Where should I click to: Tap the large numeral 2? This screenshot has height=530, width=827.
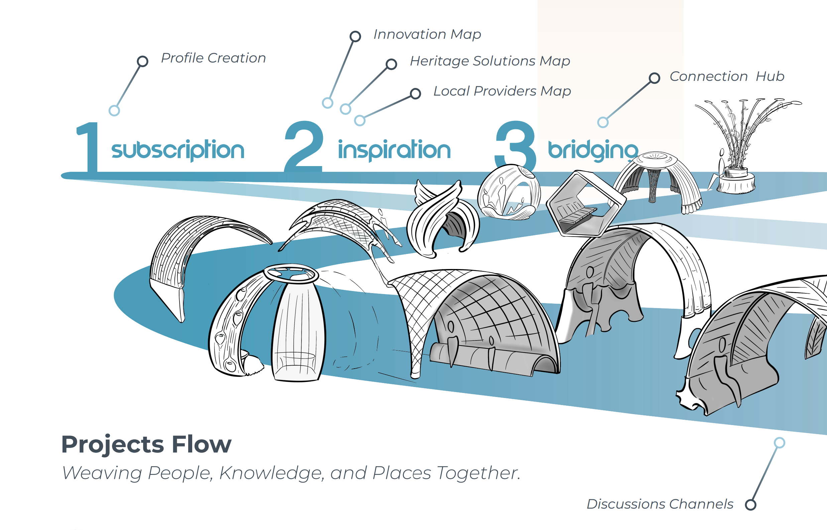tap(304, 146)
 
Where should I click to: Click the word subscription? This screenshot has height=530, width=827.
tap(178, 150)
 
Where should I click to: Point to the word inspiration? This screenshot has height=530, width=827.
tap(394, 150)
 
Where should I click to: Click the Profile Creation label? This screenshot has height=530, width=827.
tap(213, 58)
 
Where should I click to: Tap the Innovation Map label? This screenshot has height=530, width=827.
tap(427, 34)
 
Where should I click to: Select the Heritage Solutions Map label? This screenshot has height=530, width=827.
tap(490, 61)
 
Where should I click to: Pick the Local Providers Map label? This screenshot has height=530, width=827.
tap(502, 91)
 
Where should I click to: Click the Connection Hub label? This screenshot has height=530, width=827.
tap(727, 77)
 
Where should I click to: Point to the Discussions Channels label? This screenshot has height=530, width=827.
tap(660, 504)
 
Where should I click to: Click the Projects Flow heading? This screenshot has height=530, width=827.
tap(146, 445)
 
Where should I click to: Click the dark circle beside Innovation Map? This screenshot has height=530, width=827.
tap(355, 36)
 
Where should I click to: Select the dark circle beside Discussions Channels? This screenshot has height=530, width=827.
tap(750, 505)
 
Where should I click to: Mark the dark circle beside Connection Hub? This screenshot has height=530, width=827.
tap(654, 78)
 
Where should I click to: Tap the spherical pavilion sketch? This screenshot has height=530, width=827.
tap(509, 192)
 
